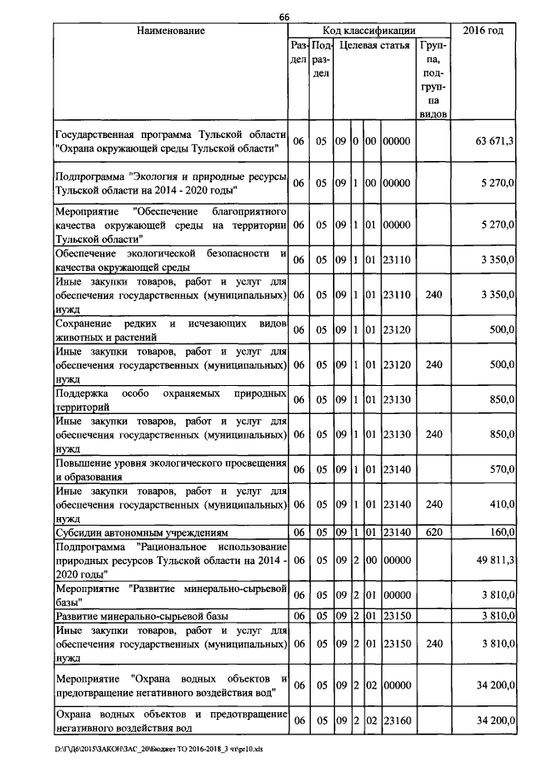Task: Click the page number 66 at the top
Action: point(284,17)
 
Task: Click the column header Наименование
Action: point(169,31)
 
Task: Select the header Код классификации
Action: point(369,31)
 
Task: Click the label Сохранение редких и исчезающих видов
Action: point(169,330)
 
